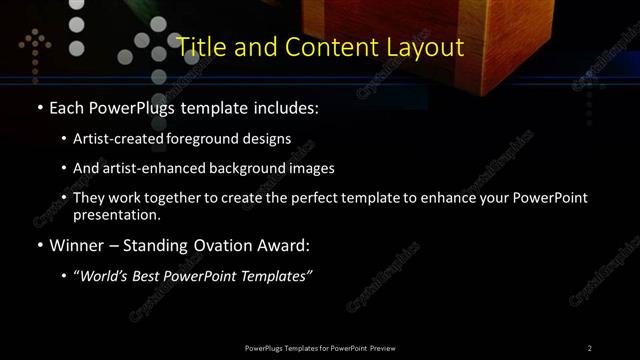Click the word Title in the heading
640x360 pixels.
tap(198, 47)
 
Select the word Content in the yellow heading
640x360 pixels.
tap(326, 47)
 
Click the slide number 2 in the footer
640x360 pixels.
tap(590, 347)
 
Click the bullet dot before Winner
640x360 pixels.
tap(38, 245)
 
